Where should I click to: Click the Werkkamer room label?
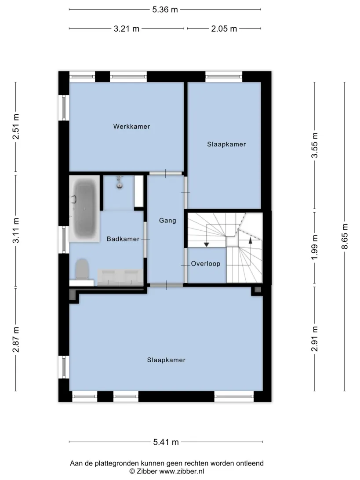click(x=131, y=127)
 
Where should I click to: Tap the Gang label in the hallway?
click(x=167, y=220)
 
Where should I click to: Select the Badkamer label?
click(x=123, y=239)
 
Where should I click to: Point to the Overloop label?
click(x=206, y=264)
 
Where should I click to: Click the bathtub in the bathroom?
click(x=85, y=208)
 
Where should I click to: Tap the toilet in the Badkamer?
click(x=82, y=269)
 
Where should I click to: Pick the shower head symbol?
click(x=119, y=182)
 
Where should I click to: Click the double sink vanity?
click(x=120, y=277)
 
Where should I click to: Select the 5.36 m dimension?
click(x=165, y=10)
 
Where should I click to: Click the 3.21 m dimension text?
click(x=127, y=29)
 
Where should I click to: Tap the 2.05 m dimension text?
click(x=224, y=29)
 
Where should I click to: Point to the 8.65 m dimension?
click(x=345, y=236)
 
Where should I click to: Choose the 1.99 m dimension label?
click(x=315, y=247)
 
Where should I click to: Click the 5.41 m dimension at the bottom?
click(x=166, y=442)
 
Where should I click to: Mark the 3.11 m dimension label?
click(x=16, y=230)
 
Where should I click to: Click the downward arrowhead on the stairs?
click(x=206, y=244)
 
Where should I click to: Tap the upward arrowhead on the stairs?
click(x=251, y=240)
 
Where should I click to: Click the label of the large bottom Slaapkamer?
click(x=166, y=360)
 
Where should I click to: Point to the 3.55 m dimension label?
click(x=315, y=145)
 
